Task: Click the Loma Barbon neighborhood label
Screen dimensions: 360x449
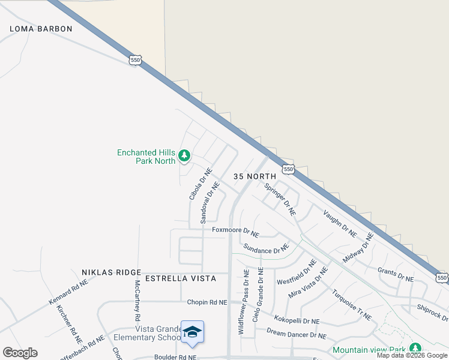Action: (x=41, y=29)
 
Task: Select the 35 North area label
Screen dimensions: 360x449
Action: (x=255, y=176)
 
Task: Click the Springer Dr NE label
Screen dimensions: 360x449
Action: (x=280, y=199)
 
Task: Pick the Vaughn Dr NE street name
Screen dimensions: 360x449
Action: (x=340, y=223)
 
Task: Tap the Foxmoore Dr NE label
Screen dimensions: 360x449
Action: (x=235, y=230)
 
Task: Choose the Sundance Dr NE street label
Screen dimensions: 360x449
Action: (x=266, y=247)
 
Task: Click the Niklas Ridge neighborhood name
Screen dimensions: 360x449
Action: (x=112, y=272)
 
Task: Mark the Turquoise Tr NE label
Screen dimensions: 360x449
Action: (x=352, y=304)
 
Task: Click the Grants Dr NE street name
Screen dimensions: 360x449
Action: (x=396, y=275)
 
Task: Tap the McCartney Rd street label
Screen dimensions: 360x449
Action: (x=137, y=300)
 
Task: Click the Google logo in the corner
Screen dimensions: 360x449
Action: (x=20, y=353)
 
